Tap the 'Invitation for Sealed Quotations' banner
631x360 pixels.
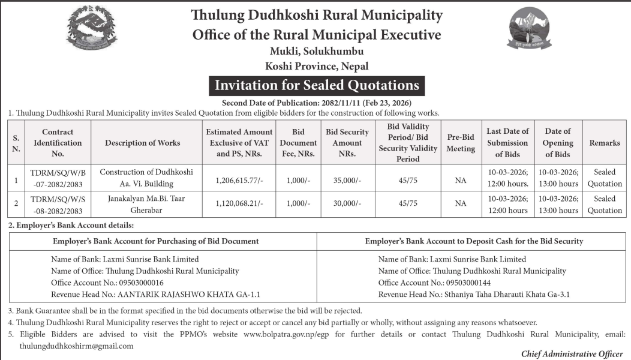point(317,85)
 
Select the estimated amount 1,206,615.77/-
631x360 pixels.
point(238,178)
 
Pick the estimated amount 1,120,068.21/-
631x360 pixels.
point(238,204)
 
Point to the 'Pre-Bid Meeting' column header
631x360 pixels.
point(461,143)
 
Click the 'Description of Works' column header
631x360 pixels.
point(142,143)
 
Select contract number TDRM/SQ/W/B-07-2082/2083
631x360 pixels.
point(58,178)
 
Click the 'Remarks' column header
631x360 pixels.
point(604,143)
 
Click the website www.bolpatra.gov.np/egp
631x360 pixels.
point(289,334)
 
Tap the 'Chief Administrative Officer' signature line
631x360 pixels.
point(572,354)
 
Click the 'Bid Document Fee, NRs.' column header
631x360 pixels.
point(298,143)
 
